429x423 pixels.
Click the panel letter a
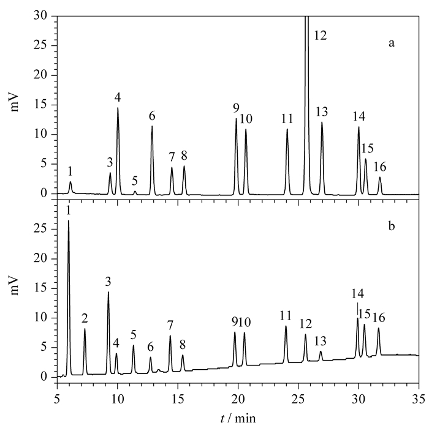[392, 43]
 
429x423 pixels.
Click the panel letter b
[392, 226]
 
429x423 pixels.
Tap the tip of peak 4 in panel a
[118, 108]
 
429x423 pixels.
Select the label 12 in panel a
[320, 36]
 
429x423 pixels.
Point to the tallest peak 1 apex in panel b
[69, 220]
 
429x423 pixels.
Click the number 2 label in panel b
[85, 318]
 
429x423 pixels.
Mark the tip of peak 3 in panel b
[108, 292]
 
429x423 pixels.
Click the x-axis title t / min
[238, 418]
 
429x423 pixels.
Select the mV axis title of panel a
[15, 103]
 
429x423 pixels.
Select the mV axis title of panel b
[15, 286]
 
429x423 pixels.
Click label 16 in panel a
[380, 167]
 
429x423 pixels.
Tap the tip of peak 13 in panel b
[321, 351]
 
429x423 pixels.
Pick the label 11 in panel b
[286, 316]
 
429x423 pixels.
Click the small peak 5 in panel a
[135, 192]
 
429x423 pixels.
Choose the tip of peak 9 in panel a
[236, 119]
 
